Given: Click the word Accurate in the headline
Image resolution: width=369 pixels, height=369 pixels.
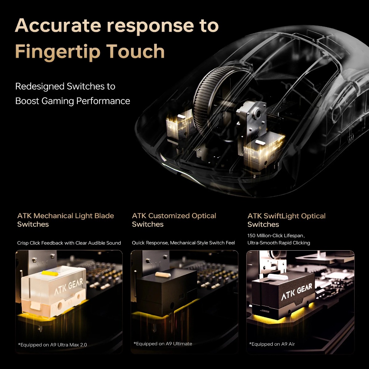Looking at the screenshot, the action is click(58, 26).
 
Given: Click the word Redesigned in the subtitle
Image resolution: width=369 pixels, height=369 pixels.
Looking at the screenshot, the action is click(40, 86).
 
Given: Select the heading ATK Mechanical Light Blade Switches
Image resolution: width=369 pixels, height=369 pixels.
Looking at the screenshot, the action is click(65, 220).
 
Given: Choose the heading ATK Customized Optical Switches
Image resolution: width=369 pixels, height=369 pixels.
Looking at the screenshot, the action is click(174, 220).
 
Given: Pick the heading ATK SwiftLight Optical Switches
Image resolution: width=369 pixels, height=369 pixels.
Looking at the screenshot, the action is click(286, 220).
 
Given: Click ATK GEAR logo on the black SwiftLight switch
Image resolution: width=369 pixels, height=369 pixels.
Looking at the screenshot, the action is click(297, 291).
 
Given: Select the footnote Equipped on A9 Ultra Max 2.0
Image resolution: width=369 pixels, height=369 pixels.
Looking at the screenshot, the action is click(52, 345).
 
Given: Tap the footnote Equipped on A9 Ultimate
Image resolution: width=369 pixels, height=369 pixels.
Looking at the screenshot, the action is click(163, 343).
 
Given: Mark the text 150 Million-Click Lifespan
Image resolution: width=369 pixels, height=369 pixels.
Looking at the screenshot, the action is click(276, 236).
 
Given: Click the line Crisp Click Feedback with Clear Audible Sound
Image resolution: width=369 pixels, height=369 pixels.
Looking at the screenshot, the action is click(69, 243).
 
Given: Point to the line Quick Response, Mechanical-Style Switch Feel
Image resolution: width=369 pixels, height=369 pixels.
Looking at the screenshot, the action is click(183, 243).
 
